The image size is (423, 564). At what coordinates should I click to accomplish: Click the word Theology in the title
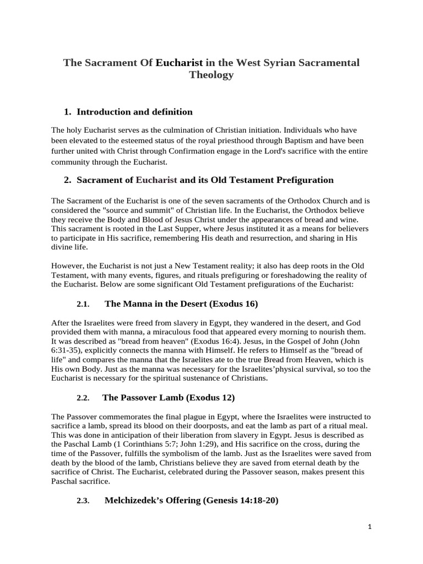(x=211, y=75)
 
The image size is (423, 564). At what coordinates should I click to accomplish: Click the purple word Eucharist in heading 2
(x=156, y=180)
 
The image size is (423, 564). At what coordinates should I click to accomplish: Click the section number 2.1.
(x=83, y=304)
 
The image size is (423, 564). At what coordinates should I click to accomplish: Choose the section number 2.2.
(x=83, y=398)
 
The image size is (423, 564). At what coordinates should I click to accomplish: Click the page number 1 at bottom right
(x=370, y=527)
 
